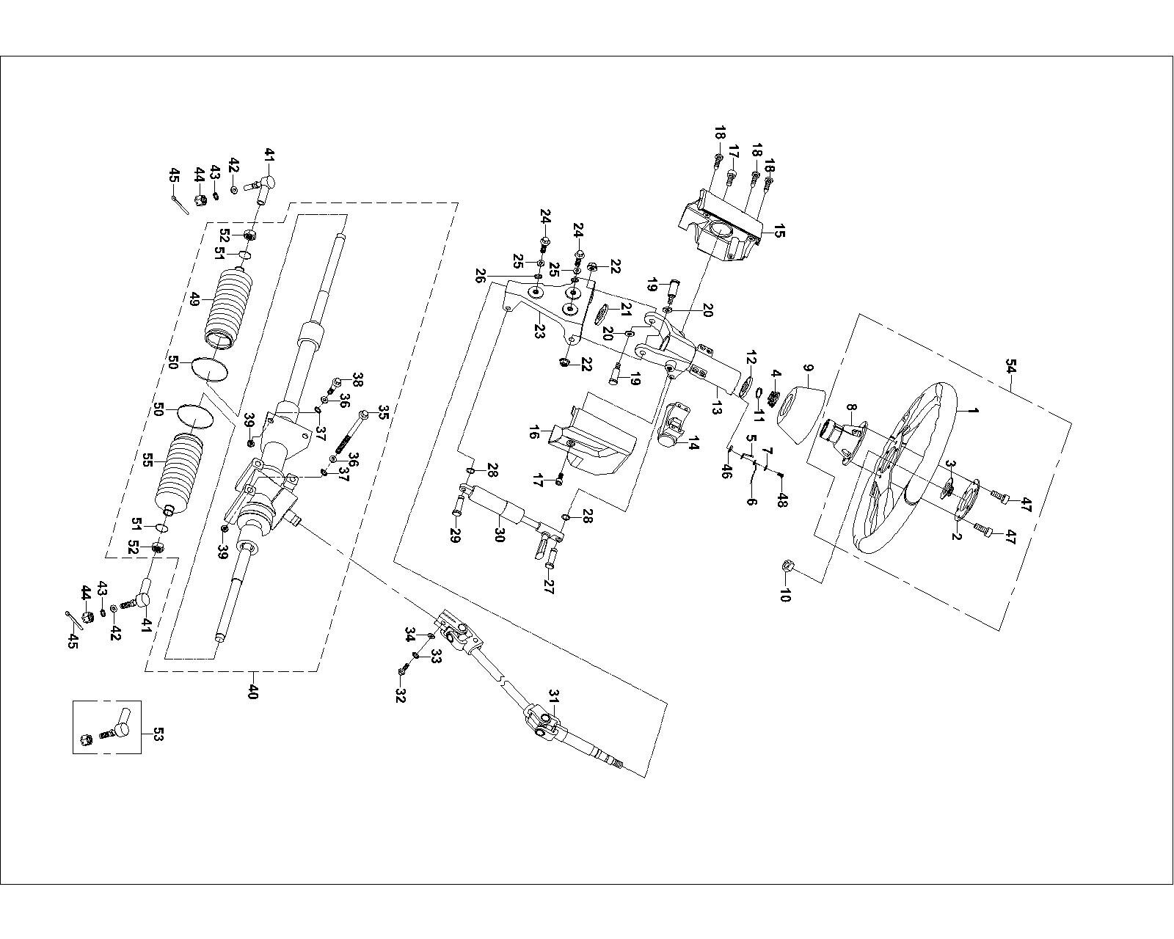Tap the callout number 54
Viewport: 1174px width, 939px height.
coord(1012,366)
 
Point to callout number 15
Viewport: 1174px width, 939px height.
coord(779,233)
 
